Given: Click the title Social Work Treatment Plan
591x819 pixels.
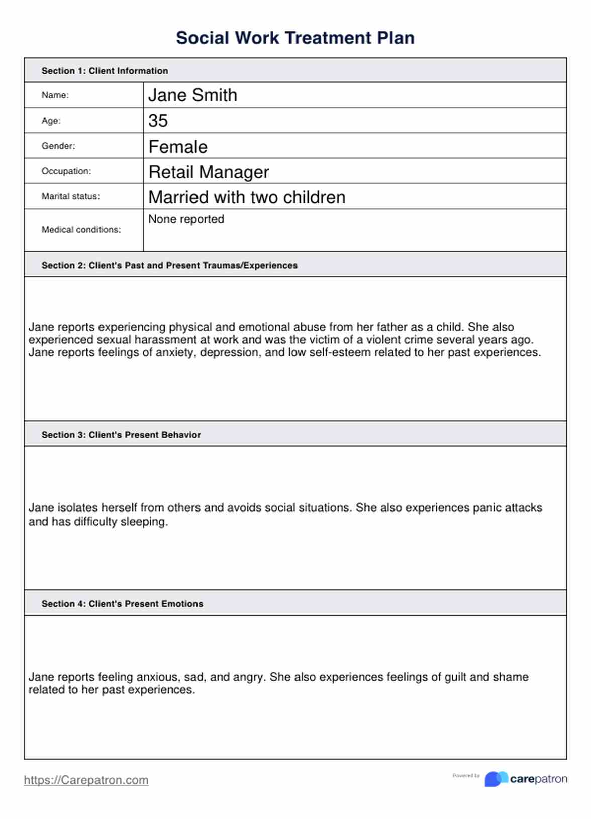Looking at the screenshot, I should [x=295, y=38].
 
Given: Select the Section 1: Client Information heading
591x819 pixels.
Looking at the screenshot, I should [x=105, y=71].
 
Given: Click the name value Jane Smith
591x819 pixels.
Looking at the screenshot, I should [x=192, y=95].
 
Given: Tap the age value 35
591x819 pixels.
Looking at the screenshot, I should [x=158, y=121].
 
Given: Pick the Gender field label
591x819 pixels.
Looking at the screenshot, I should [x=58, y=146].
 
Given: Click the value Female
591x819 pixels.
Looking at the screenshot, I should [x=178, y=147].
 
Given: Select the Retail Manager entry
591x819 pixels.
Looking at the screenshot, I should [x=209, y=172].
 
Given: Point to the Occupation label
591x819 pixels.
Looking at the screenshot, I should [x=66, y=171].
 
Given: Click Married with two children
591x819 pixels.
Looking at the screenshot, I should [x=247, y=197].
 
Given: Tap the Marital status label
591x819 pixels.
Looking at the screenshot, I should [x=70, y=196].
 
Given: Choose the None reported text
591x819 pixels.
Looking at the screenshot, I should [x=186, y=219].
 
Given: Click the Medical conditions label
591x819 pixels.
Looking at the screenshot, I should [x=81, y=230].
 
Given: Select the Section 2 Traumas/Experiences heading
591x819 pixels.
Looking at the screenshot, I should [x=169, y=265].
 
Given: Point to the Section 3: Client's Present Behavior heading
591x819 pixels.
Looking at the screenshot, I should [x=121, y=435].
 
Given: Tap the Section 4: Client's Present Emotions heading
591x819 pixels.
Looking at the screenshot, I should [x=122, y=604].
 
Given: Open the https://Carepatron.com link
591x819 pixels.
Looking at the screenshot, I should [x=86, y=780].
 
